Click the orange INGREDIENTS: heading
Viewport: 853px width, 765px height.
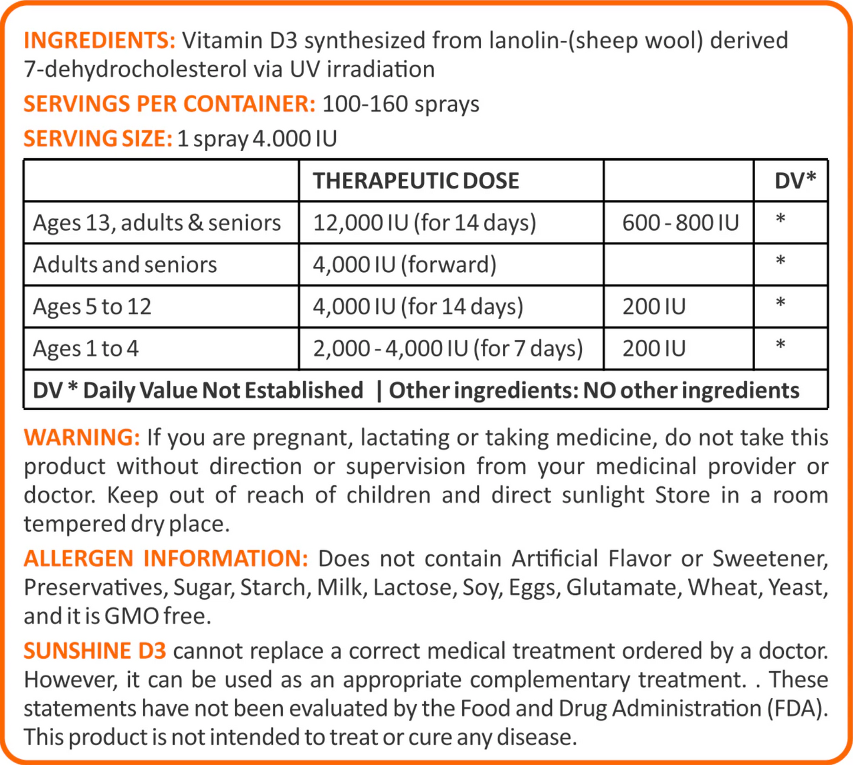(x=99, y=41)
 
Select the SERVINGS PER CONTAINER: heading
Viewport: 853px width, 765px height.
(x=169, y=104)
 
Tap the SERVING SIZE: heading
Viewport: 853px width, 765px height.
(x=97, y=139)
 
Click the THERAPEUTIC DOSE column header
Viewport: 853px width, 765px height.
(x=416, y=181)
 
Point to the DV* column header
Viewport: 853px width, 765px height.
(x=795, y=181)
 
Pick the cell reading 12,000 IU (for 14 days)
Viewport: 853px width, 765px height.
(x=424, y=223)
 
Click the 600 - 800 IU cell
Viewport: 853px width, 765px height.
(x=680, y=223)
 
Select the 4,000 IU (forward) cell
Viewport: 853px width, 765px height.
(x=404, y=264)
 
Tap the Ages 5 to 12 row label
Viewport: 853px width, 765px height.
(x=92, y=307)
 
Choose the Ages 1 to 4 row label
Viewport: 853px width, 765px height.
(x=86, y=349)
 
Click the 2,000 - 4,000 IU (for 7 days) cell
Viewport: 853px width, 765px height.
(x=447, y=349)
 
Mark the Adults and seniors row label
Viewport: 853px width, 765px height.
(x=125, y=264)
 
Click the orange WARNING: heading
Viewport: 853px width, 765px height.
(x=81, y=437)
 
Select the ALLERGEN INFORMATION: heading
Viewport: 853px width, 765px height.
(x=165, y=558)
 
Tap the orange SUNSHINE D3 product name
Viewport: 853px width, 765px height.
(x=94, y=651)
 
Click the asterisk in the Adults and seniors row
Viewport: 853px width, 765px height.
(x=780, y=261)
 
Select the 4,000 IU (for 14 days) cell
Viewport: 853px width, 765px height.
(x=417, y=307)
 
